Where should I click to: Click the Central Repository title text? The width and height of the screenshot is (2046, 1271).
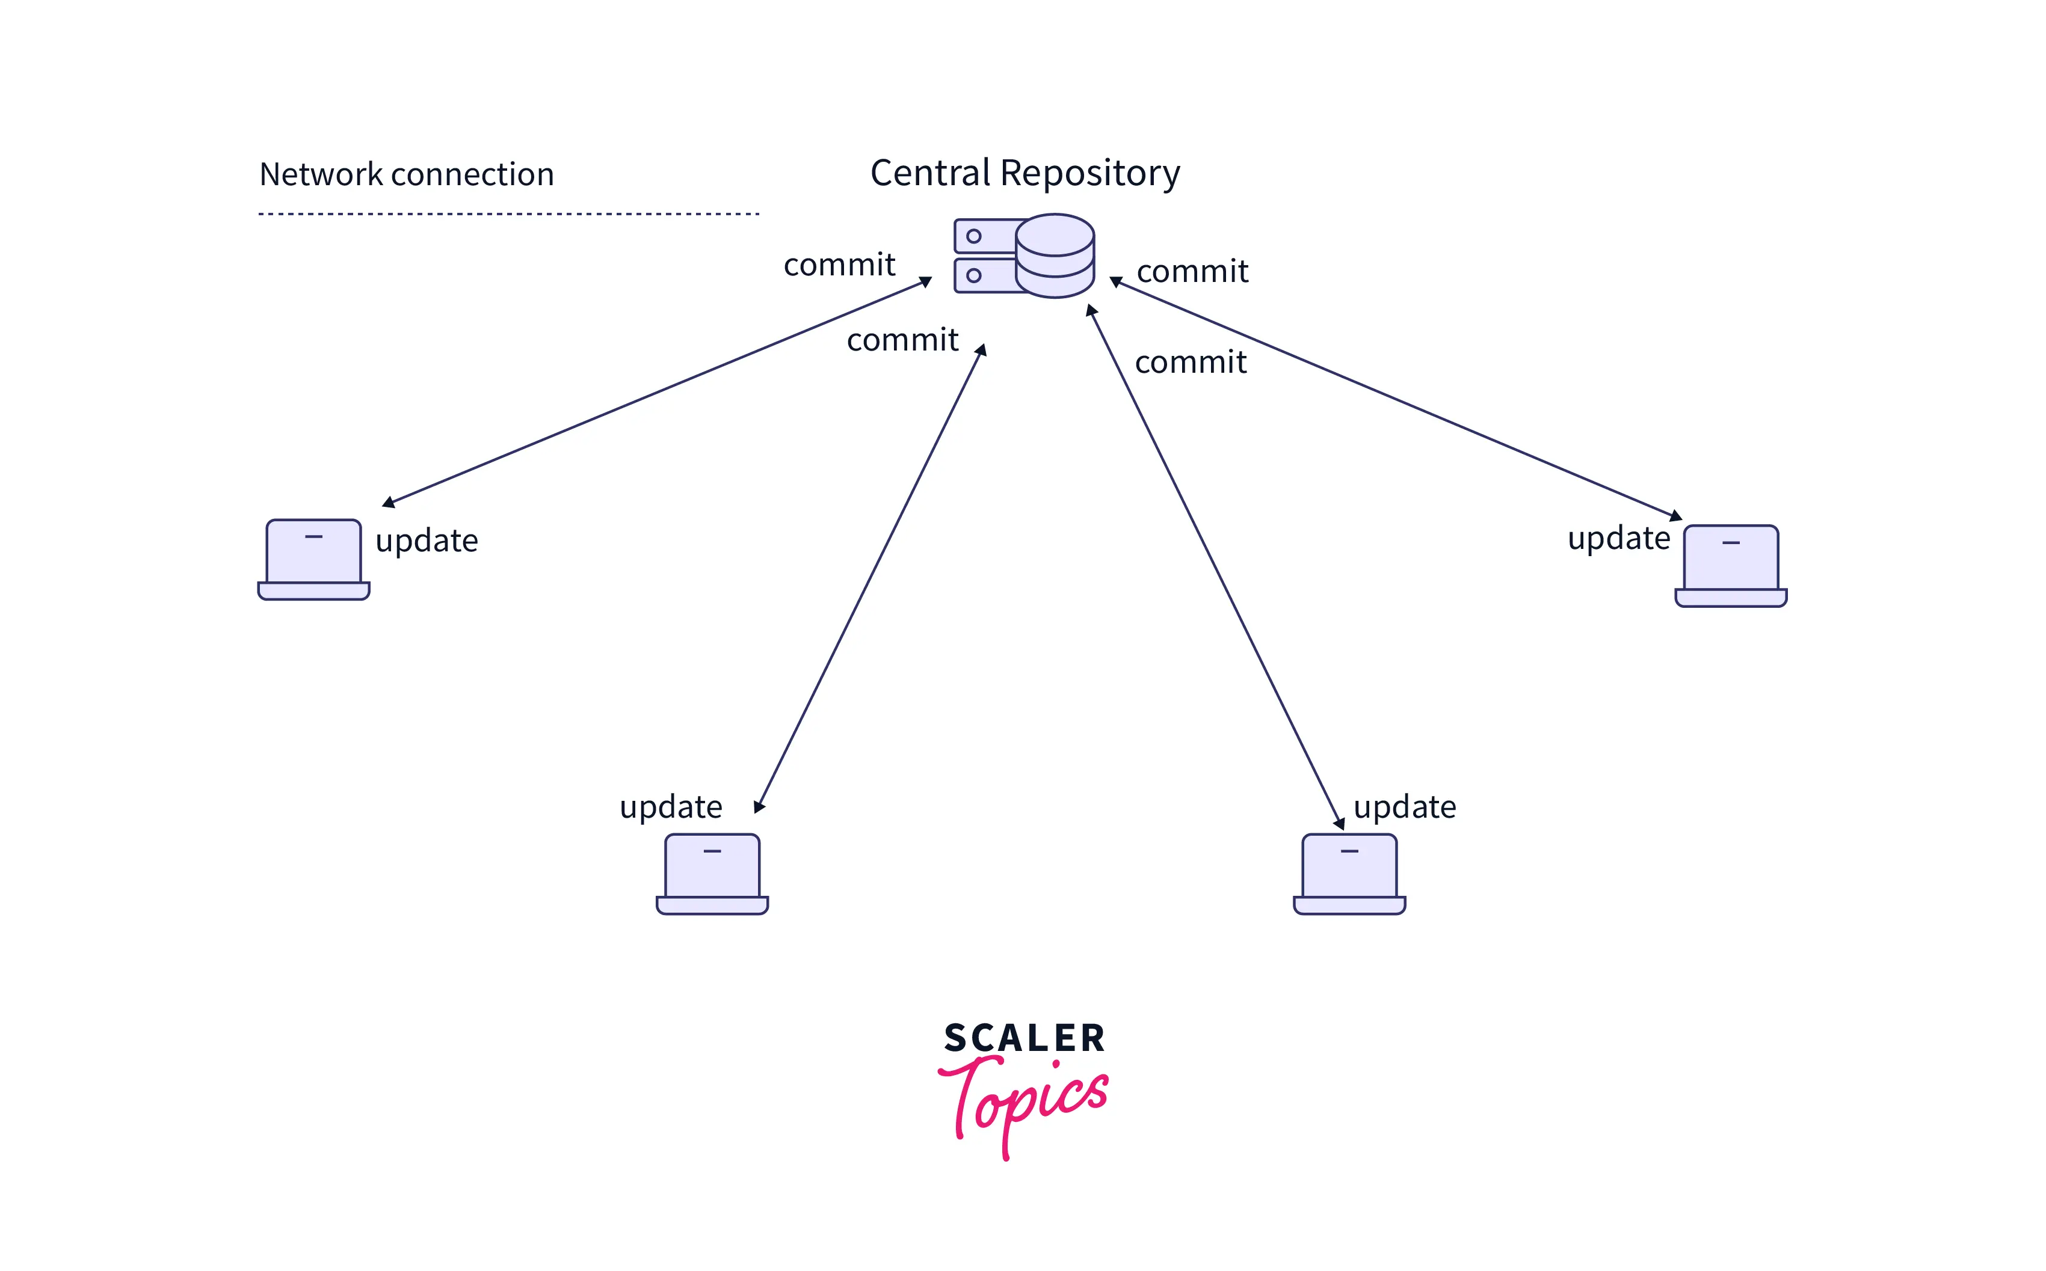pyautogui.click(x=1025, y=173)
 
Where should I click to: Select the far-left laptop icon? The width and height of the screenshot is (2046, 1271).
pyautogui.click(x=313, y=559)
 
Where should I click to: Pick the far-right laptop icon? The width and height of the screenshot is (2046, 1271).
pyautogui.click(x=1731, y=566)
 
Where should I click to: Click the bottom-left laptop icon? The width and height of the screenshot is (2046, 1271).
pyautogui.click(x=712, y=874)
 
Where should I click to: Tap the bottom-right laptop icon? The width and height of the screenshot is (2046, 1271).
pyautogui.click(x=1349, y=874)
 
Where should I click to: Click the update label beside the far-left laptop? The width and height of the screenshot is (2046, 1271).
pyautogui.click(x=427, y=541)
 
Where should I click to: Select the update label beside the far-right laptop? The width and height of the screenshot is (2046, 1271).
pyautogui.click(x=1618, y=538)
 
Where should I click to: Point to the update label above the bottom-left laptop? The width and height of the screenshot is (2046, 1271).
pyautogui.click(x=670, y=807)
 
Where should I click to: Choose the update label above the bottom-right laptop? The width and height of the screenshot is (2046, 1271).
pyautogui.click(x=1404, y=807)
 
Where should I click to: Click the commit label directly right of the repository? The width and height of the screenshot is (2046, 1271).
pyautogui.click(x=1192, y=272)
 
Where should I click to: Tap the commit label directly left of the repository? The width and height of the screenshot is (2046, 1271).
pyautogui.click(x=839, y=265)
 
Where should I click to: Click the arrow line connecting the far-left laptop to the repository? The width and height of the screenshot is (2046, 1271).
pyautogui.click(x=656, y=393)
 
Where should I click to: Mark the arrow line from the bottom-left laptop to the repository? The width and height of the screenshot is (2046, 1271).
pyautogui.click(x=870, y=578)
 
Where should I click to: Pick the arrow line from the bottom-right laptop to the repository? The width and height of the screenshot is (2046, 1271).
pyautogui.click(x=1215, y=568)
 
